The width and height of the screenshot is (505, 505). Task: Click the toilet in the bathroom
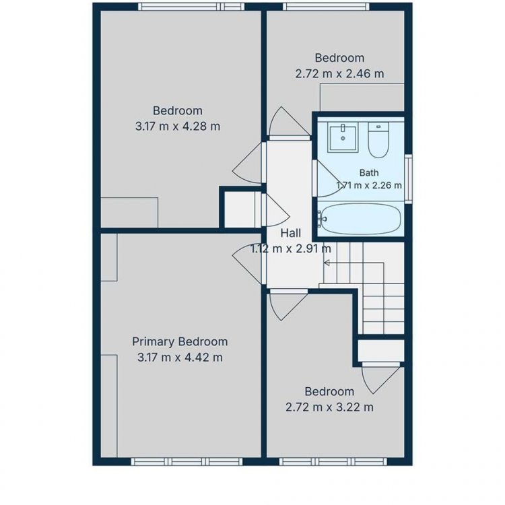pyautogui.click(x=378, y=140)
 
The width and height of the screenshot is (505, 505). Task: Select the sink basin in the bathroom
pyautogui.click(x=343, y=137)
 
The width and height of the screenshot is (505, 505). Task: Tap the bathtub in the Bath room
pyautogui.click(x=361, y=219)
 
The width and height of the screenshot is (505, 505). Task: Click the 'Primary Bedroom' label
pyautogui.click(x=180, y=341)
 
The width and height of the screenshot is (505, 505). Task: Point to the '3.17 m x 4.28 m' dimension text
pyautogui.click(x=178, y=127)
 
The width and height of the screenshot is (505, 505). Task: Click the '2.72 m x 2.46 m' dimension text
pyautogui.click(x=340, y=74)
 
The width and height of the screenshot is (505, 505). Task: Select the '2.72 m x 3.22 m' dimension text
pyautogui.click(x=329, y=407)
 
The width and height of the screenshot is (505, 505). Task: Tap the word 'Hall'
pyautogui.click(x=291, y=233)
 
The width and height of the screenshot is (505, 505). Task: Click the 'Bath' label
pyautogui.click(x=369, y=172)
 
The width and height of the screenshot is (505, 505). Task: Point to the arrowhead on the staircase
pyautogui.click(x=327, y=263)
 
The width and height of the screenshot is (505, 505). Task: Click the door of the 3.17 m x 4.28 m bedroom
pyautogui.click(x=248, y=163)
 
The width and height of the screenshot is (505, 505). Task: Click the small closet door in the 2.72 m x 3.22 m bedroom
pyautogui.click(x=381, y=378)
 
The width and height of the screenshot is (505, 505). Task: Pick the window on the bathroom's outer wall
pyautogui.click(x=409, y=178)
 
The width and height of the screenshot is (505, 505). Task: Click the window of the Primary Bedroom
pyautogui.click(x=187, y=461)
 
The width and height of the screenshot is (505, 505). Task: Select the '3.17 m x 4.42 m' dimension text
pyautogui.click(x=180, y=358)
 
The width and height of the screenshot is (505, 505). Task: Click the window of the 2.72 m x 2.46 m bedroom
pyautogui.click(x=327, y=7)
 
